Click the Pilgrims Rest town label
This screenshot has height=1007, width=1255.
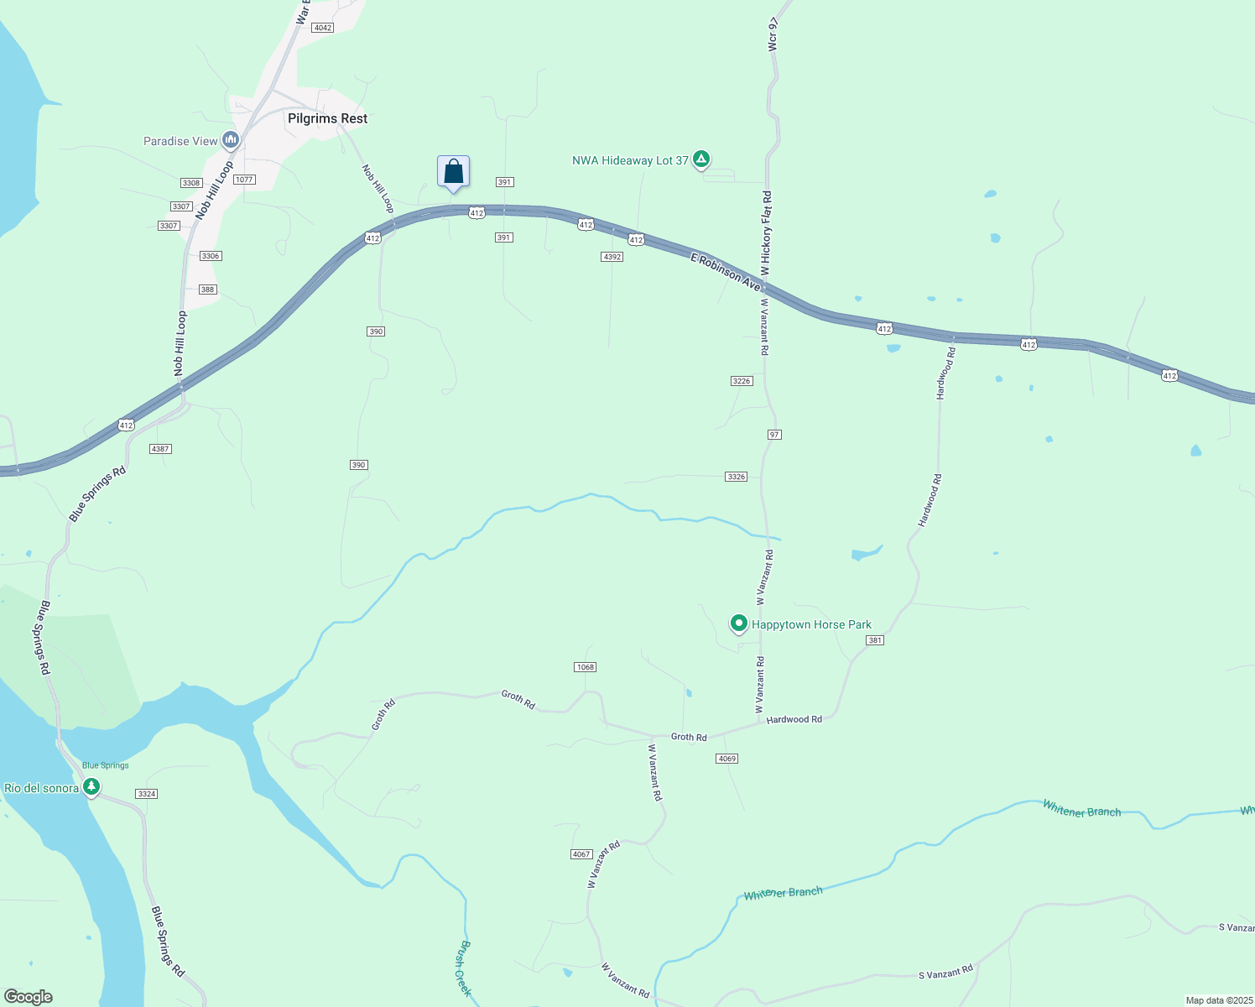[327, 118]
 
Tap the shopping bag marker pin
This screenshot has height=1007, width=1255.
[453, 172]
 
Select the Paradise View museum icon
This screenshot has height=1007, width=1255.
[231, 140]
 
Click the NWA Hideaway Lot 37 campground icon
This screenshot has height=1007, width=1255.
[701, 159]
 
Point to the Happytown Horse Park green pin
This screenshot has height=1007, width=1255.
[739, 624]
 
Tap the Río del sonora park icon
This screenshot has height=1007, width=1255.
[91, 787]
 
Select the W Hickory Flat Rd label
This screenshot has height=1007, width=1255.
[766, 233]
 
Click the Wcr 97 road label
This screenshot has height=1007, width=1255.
[773, 33]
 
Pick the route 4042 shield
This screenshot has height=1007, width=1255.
[322, 28]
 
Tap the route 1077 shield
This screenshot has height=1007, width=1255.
[244, 180]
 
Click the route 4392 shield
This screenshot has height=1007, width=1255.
[612, 257]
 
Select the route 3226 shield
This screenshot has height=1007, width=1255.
[742, 381]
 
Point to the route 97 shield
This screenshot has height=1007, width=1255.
[774, 435]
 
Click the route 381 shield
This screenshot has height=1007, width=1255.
[875, 640]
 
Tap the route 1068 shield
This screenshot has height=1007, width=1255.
[585, 667]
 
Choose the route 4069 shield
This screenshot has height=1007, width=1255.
[726, 759]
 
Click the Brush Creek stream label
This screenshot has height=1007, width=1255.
[465, 968]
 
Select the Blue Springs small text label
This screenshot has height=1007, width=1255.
[106, 765]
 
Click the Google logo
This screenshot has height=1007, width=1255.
[29, 996]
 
